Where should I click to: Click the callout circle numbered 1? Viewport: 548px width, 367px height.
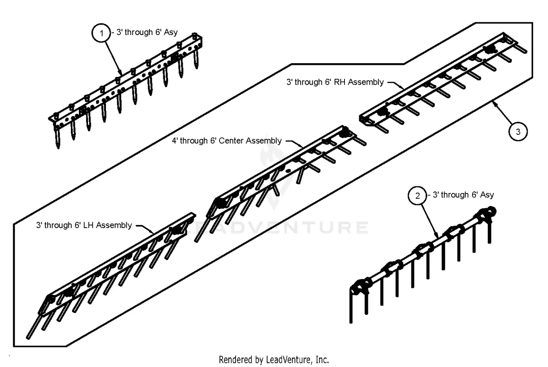tap(101, 33)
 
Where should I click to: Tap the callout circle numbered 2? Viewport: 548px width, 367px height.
tap(418, 196)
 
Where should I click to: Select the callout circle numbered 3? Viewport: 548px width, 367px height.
tap(518, 131)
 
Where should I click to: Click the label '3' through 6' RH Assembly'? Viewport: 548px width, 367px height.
tap(335, 82)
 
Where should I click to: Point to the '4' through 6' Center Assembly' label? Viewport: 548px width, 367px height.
tap(227, 141)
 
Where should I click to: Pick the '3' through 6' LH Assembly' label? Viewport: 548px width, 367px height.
tap(84, 225)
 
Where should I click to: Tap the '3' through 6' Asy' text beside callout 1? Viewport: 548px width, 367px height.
tap(147, 32)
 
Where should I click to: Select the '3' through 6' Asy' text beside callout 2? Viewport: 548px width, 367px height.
tap(463, 195)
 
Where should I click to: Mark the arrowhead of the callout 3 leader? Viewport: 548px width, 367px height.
tap(494, 103)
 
